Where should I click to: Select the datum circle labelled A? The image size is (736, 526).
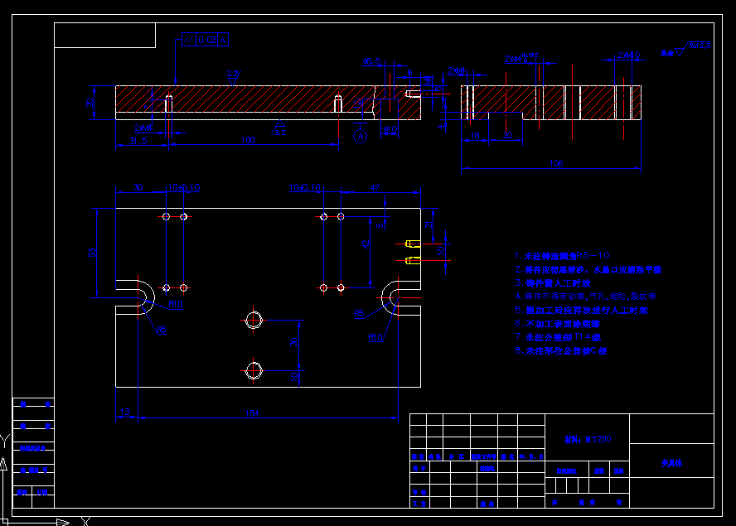[x=360, y=134]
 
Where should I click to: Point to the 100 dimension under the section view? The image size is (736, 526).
[x=248, y=141]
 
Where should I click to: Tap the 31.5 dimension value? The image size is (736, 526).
[x=138, y=141]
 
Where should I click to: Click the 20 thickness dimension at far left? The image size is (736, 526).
[x=90, y=103]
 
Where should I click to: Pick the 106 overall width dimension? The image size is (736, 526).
[x=557, y=164]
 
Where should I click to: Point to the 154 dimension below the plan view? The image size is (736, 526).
[x=253, y=413]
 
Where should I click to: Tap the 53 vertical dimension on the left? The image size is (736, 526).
[x=93, y=251]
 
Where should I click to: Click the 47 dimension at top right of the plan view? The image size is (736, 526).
[x=375, y=189]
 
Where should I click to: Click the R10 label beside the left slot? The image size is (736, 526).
[x=175, y=305]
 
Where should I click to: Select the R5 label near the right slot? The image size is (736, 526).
[x=359, y=314]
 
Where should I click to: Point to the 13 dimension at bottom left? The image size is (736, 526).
[x=125, y=412]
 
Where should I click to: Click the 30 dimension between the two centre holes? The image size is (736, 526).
[x=293, y=341]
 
